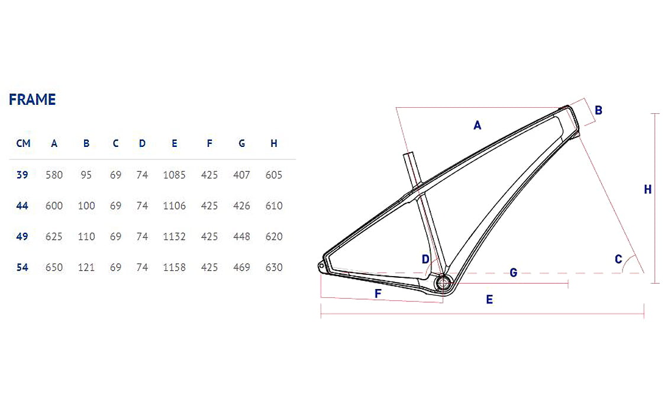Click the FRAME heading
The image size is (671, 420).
(32, 100)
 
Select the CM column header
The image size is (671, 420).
(23, 143)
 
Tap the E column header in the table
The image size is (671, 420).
(174, 143)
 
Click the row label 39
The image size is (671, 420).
(22, 175)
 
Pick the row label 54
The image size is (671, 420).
(22, 267)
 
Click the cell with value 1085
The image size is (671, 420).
(174, 175)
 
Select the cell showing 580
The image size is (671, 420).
(54, 175)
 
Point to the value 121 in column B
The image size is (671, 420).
(86, 267)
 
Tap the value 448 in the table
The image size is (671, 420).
(241, 236)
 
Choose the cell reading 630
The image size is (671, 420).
(274, 267)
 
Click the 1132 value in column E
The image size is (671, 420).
(174, 236)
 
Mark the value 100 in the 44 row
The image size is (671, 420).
(86, 206)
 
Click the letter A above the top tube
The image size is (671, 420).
(478, 125)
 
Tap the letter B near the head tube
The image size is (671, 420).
(598, 110)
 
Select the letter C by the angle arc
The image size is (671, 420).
(618, 259)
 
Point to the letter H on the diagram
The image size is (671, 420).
(648, 190)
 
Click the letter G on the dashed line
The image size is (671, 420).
(513, 273)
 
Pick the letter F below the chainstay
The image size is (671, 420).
(378, 294)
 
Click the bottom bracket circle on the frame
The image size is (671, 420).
(441, 284)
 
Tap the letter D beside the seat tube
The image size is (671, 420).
(425, 259)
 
